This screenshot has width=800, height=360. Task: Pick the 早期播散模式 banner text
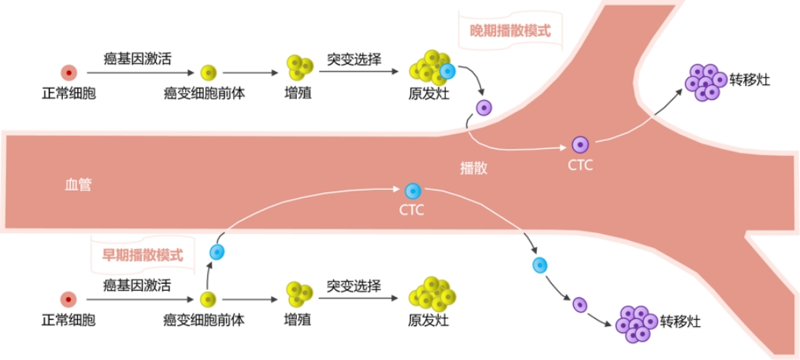(143, 255)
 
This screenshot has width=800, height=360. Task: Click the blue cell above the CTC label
(412, 191)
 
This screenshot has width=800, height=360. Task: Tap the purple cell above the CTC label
(580, 144)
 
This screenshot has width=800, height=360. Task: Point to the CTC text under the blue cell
(412, 210)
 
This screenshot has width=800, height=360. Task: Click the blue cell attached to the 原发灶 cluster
(447, 72)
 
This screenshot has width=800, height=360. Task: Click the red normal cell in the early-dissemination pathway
(69, 299)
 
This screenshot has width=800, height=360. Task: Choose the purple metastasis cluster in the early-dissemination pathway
(636, 323)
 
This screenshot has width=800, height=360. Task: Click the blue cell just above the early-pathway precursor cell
(217, 252)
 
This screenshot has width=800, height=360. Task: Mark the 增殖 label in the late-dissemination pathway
(297, 94)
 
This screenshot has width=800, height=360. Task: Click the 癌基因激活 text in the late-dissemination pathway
(139, 58)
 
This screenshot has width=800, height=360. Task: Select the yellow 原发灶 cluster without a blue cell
(431, 294)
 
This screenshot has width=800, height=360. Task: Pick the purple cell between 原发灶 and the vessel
(483, 107)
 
